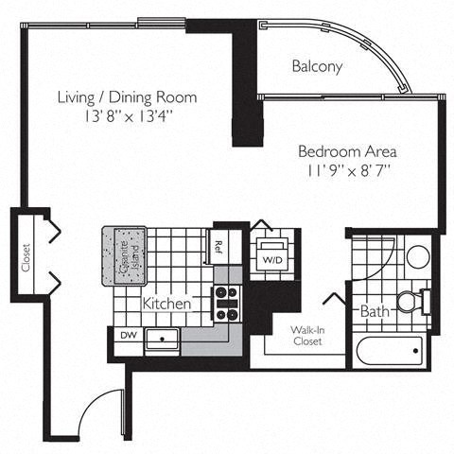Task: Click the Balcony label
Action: (317, 67)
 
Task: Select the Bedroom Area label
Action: (346, 151)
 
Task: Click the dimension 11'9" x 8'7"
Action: (346, 170)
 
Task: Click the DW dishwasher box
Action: (128, 335)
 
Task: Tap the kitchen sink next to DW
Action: (164, 340)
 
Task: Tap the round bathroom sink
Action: (417, 256)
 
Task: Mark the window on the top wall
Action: (162, 23)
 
